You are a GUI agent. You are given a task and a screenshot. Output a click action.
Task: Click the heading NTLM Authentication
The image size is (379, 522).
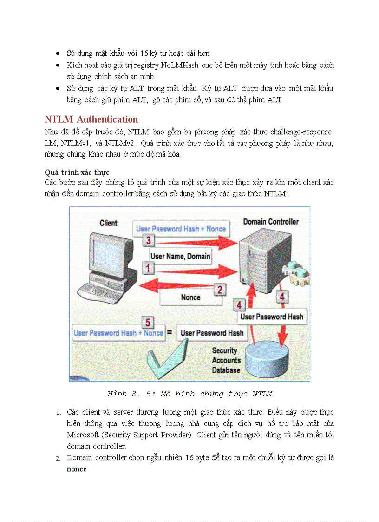tap(91, 119)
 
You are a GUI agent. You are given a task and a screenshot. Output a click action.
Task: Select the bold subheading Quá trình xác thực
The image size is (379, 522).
tap(77, 172)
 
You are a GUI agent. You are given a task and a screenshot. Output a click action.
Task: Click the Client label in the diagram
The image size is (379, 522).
tap(108, 223)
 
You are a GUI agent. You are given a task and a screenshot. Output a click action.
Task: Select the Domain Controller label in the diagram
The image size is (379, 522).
tap(271, 222)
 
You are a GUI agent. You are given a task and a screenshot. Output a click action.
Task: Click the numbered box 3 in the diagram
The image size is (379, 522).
tap(148, 240)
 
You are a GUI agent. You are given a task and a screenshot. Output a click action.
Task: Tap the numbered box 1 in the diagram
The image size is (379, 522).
tap(148, 268)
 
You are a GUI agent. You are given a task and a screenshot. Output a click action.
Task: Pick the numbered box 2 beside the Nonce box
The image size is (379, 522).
tap(220, 290)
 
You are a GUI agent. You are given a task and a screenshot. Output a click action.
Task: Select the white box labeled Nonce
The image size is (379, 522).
tap(190, 297)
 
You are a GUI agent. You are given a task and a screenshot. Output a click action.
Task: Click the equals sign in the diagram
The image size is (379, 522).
tap(170, 333)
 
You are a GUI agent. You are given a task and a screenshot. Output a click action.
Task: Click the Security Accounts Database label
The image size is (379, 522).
tap(226, 360)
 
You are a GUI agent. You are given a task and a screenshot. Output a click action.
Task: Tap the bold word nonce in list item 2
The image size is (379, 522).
tap(77, 469)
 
